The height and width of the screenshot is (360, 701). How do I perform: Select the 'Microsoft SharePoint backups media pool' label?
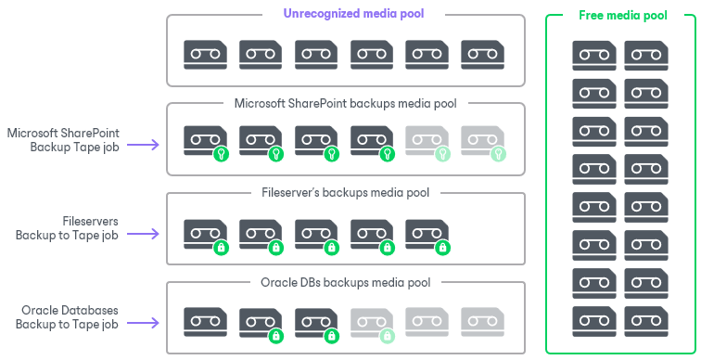[345, 104]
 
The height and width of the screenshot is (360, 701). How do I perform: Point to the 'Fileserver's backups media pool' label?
[345, 193]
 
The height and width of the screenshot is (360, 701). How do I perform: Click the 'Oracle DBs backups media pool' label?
[345, 282]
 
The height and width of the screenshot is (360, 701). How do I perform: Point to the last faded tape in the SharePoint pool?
[481, 139]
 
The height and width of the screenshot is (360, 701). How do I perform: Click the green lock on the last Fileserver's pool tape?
[443, 248]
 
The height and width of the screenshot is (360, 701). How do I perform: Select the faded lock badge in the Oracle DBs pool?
[388, 336]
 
